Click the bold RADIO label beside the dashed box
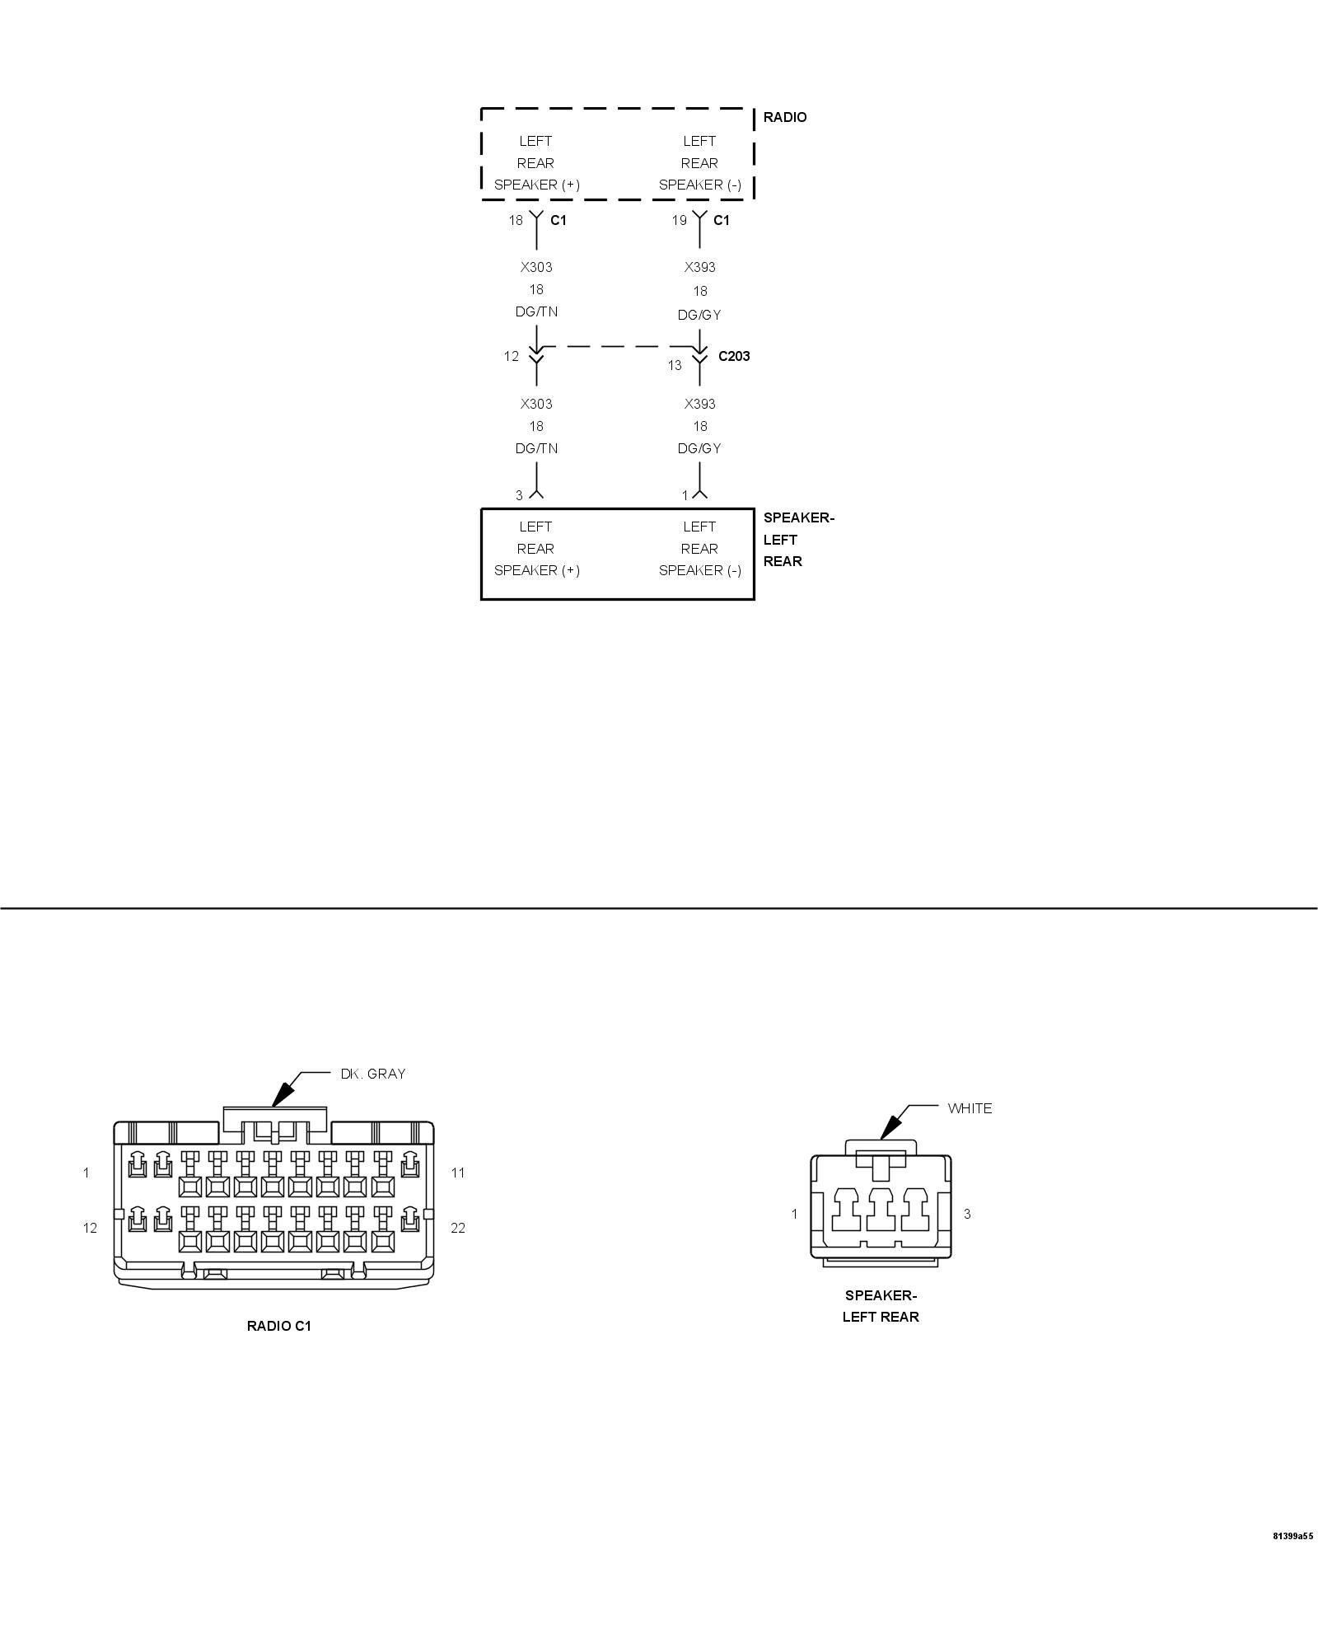click(x=784, y=117)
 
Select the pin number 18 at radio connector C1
click(x=516, y=220)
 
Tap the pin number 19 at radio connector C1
click(x=679, y=220)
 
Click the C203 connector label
click(x=733, y=356)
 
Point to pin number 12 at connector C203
click(x=512, y=356)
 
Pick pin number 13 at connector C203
click(x=675, y=365)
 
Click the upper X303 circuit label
click(x=536, y=267)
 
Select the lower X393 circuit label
click(x=699, y=404)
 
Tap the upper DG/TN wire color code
click(x=536, y=311)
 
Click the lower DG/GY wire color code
click(x=699, y=448)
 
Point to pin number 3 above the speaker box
click(x=519, y=495)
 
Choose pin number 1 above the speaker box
click(x=685, y=495)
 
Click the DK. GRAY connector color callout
click(x=373, y=1074)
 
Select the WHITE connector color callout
click(x=970, y=1108)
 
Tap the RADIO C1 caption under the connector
click(x=279, y=1326)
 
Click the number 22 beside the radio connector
click(x=458, y=1228)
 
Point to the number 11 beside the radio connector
click(x=458, y=1173)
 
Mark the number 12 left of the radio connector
click(x=90, y=1228)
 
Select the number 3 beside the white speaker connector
click(x=967, y=1214)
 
